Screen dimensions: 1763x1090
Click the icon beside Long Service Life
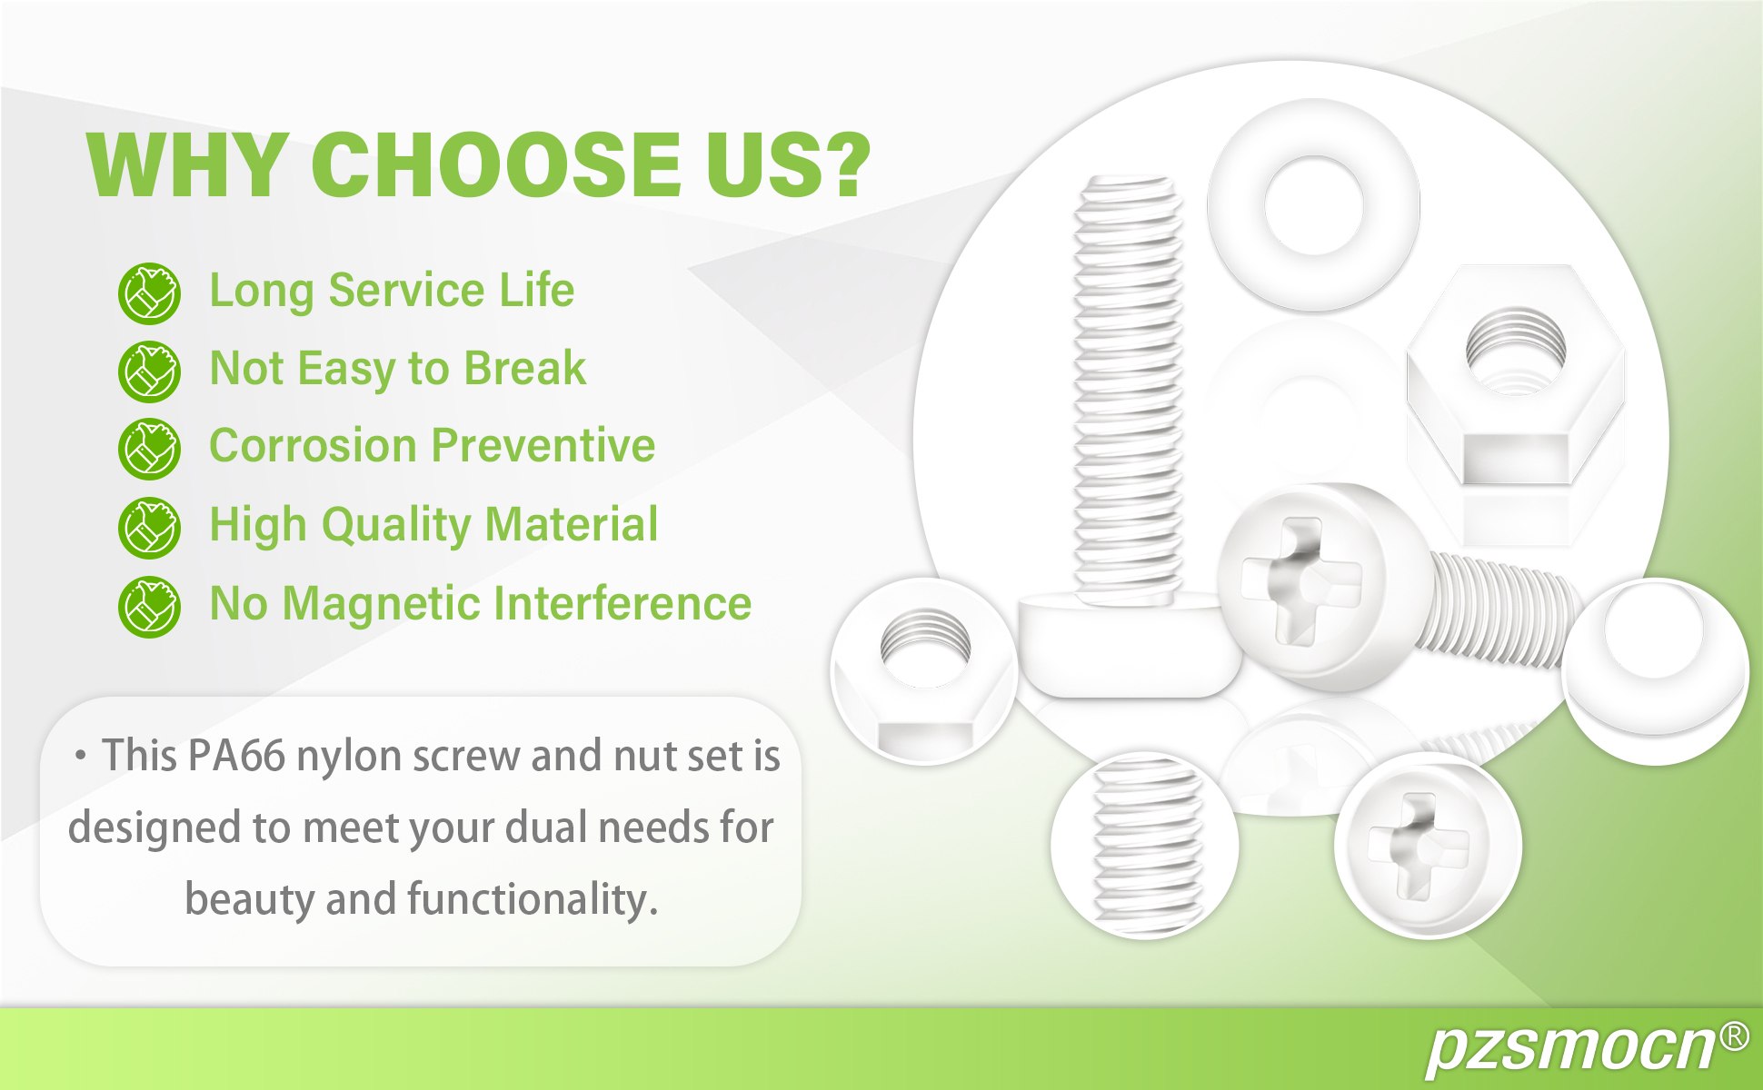(x=149, y=293)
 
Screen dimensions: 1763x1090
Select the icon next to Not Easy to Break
(x=149, y=372)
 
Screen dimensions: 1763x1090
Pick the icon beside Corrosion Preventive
(x=149, y=449)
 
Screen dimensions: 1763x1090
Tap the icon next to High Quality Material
(x=149, y=528)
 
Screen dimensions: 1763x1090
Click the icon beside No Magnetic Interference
(x=149, y=606)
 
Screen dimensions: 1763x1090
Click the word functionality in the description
(x=532, y=899)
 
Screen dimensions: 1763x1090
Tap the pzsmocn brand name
(x=1570, y=1050)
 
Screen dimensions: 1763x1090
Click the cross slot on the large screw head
(x=1302, y=581)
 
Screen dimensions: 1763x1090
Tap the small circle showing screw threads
(x=1145, y=846)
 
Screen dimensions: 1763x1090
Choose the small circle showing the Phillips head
(x=1428, y=846)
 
